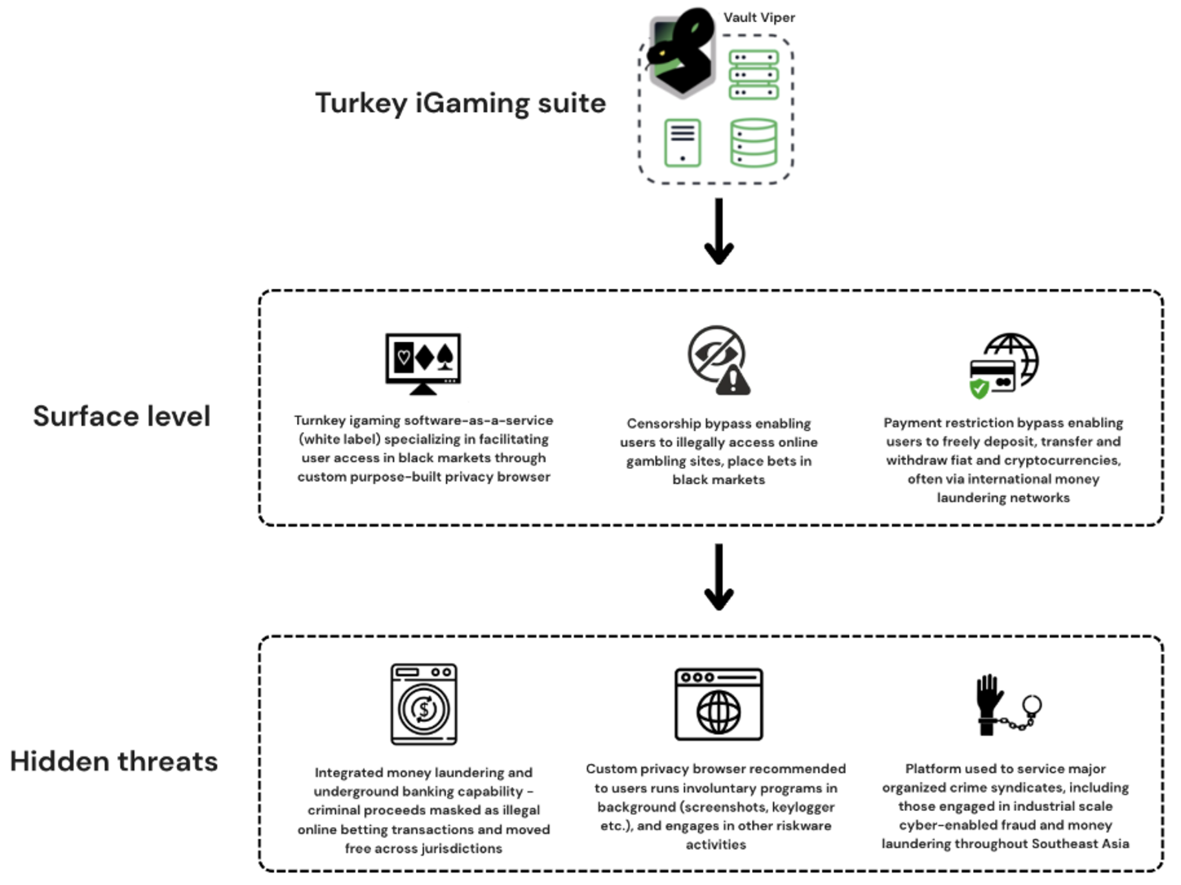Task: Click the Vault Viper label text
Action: [x=759, y=17]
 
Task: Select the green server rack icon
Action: [x=754, y=74]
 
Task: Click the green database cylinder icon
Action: [x=754, y=143]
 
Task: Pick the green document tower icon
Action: [x=682, y=143]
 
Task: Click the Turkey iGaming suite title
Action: [x=460, y=103]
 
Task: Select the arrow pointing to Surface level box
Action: [x=719, y=232]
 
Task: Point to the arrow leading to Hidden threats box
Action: [x=719, y=578]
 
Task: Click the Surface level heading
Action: [x=122, y=416]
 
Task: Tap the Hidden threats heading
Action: [x=114, y=761]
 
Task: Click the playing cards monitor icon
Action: [x=422, y=363]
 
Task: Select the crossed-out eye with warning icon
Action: [x=718, y=360]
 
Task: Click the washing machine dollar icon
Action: [x=423, y=705]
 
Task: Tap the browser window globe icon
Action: [x=718, y=705]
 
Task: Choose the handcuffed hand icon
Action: [x=1007, y=705]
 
